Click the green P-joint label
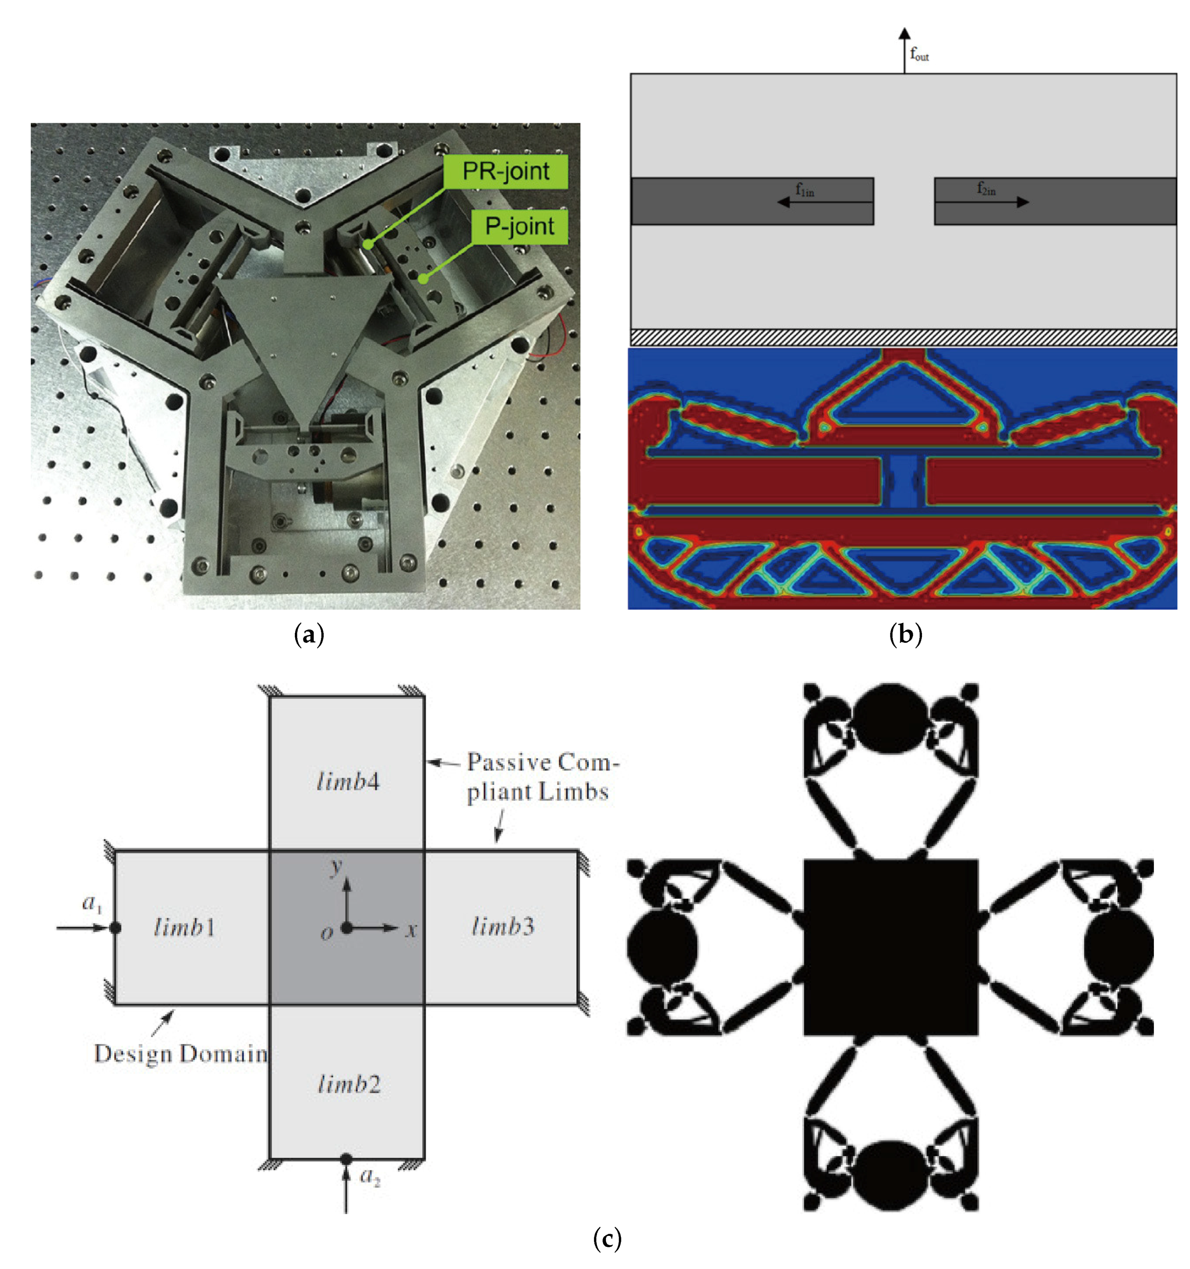point(519,227)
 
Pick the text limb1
point(184,927)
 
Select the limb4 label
point(348,781)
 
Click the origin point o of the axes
point(346,927)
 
